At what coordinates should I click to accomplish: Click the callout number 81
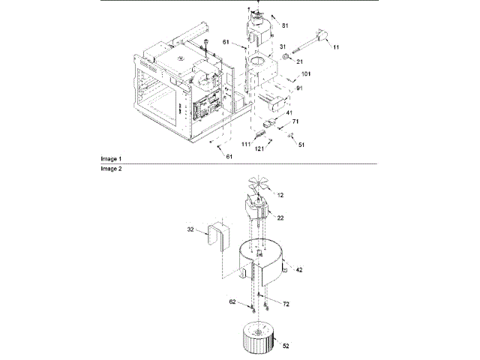[x=285, y=25]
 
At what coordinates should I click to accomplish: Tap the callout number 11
[x=336, y=48]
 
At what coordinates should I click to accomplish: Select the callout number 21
[x=298, y=61]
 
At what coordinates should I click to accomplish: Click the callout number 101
[x=306, y=75]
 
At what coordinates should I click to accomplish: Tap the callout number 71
[x=295, y=121]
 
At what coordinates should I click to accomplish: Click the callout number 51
[x=301, y=144]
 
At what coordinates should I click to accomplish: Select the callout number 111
[x=246, y=143]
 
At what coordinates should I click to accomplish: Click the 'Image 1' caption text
[x=111, y=160]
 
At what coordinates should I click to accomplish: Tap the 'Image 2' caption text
[x=111, y=169]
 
